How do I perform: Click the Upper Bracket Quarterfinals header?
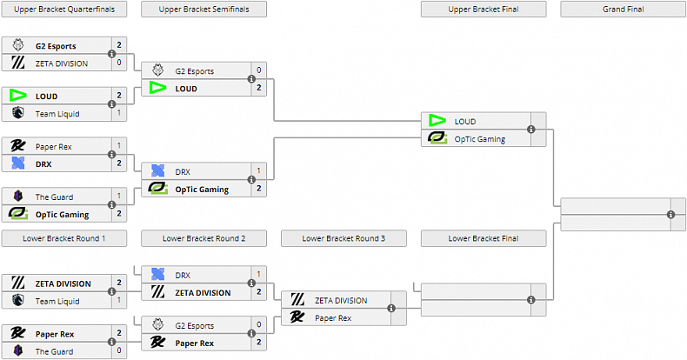tap(63, 10)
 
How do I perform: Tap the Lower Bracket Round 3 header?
tap(343, 238)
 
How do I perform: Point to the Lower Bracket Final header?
tap(483, 238)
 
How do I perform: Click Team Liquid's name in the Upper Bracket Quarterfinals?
tap(53, 113)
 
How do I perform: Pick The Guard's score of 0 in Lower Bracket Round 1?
tap(119, 351)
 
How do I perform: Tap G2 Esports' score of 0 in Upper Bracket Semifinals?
tap(258, 70)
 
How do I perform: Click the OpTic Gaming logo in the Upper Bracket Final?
tap(437, 138)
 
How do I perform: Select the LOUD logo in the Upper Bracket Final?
tap(437, 121)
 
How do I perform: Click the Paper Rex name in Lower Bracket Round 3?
tap(333, 317)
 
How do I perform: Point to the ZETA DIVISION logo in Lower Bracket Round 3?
tap(297, 300)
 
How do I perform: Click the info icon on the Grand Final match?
tap(670, 214)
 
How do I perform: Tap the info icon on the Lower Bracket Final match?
tap(530, 300)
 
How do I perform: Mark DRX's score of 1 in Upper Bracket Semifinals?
tap(258, 171)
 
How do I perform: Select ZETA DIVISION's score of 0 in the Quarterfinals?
tap(119, 63)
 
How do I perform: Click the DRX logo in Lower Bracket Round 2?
tap(157, 275)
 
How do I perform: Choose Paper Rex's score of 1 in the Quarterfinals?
tap(119, 146)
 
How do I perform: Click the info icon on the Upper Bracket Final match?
tap(530, 130)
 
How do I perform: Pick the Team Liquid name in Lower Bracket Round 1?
tap(53, 300)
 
